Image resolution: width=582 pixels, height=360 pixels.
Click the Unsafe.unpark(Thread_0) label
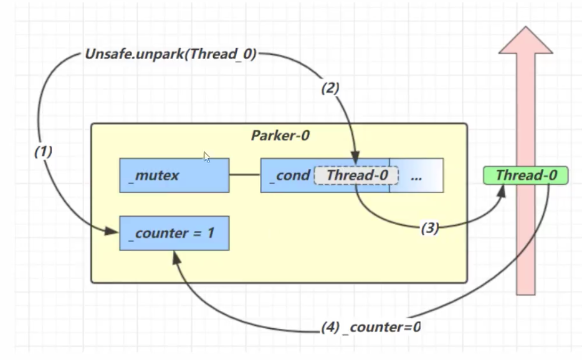click(170, 54)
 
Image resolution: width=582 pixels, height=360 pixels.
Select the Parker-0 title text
click(280, 136)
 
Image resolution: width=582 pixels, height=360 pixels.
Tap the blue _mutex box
click(174, 175)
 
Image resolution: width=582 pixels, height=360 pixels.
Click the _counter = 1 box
click(174, 233)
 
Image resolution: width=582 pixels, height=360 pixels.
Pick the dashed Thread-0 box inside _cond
click(356, 175)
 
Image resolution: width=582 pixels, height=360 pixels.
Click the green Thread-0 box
click(525, 175)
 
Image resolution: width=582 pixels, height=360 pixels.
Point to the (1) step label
click(44, 152)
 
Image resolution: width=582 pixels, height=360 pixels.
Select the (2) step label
click(330, 88)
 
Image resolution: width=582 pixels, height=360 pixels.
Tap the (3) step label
click(429, 229)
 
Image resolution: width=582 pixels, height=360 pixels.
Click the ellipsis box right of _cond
click(416, 175)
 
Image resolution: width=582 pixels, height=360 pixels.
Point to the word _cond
click(290, 175)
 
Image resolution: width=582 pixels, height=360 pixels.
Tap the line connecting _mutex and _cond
click(244, 175)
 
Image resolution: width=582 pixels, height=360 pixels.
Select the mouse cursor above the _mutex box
click(207, 157)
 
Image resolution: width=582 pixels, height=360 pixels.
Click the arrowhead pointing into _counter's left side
click(114, 233)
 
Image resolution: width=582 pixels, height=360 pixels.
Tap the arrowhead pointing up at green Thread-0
click(502, 189)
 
